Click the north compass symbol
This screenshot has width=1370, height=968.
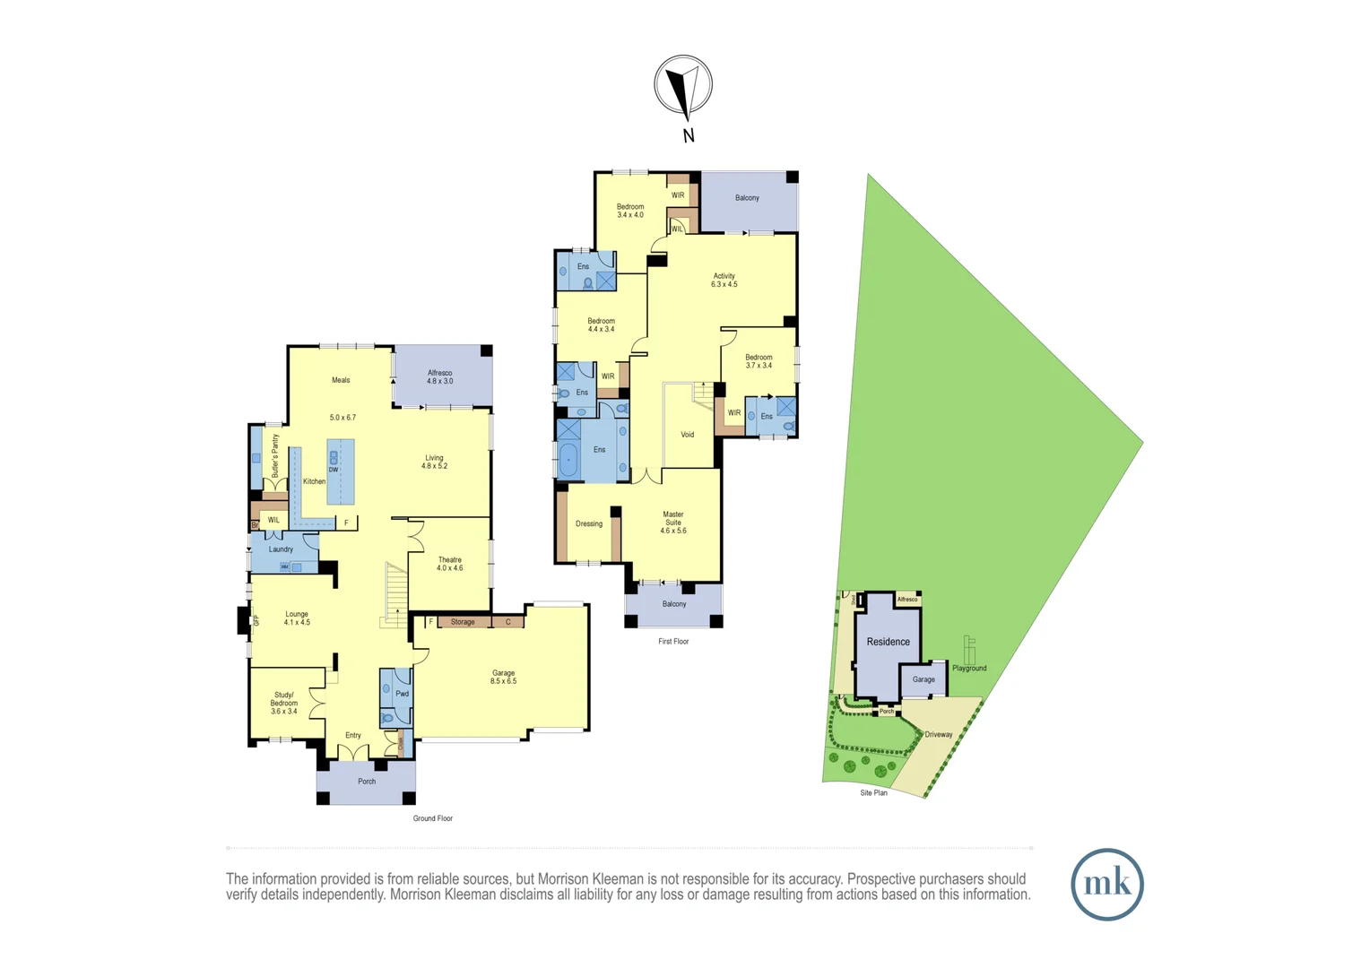pos(683,87)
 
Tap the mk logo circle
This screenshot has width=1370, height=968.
pos(1106,884)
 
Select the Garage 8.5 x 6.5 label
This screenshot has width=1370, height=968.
pos(503,677)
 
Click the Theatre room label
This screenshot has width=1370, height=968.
pos(450,564)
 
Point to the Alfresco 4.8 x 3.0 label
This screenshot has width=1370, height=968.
pos(439,376)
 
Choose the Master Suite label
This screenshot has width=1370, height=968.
pos(673,523)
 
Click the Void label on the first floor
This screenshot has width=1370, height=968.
pos(688,435)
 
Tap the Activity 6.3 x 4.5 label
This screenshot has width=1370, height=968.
pos(724,280)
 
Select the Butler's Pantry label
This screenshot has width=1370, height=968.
pos(275,455)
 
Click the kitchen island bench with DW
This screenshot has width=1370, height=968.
pos(341,471)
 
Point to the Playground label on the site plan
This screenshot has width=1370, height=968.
pos(969,668)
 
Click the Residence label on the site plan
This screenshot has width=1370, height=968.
pos(888,642)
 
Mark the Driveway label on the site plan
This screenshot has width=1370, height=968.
pos(939,734)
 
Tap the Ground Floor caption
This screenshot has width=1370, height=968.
pos(432,818)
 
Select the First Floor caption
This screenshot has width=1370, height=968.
pos(673,641)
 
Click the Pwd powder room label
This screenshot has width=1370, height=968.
pos(402,694)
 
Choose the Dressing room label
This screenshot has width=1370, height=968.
pos(589,523)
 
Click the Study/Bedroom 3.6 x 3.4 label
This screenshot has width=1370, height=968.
pos(284,703)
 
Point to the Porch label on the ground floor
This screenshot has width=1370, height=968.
pos(367,782)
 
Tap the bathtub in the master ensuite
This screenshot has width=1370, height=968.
pos(568,459)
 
